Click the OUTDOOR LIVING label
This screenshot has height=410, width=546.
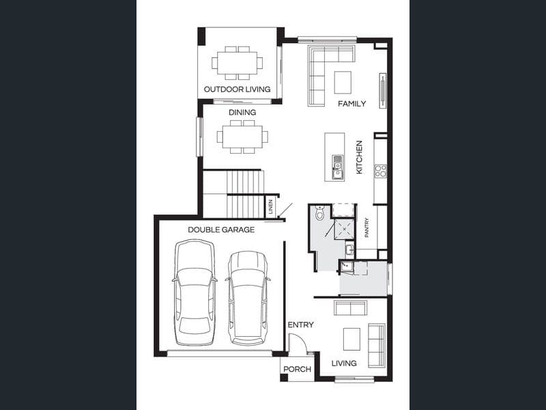tap(237, 90)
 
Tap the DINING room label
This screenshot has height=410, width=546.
tap(242, 112)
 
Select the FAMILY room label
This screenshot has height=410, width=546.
tap(351, 104)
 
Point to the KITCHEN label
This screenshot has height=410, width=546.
tap(359, 157)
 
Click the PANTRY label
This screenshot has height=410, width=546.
tap(367, 228)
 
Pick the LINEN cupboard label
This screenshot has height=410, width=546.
tap(270, 207)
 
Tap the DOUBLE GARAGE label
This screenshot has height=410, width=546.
tap(221, 230)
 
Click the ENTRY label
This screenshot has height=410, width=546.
tap(300, 325)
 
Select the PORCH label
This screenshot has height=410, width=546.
tap(297, 369)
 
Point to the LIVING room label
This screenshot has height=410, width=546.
tap(344, 364)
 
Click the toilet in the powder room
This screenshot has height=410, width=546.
tap(319, 213)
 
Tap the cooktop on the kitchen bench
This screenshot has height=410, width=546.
tap(380, 172)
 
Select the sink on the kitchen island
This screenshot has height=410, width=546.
tap(337, 167)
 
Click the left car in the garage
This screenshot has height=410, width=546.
tap(195, 292)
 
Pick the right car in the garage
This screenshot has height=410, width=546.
tap(248, 298)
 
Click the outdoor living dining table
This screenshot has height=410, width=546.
tap(238, 63)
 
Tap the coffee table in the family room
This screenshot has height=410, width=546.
tap(343, 82)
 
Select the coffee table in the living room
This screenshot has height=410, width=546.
tap(351, 339)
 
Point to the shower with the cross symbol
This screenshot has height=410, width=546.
tap(345, 229)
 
